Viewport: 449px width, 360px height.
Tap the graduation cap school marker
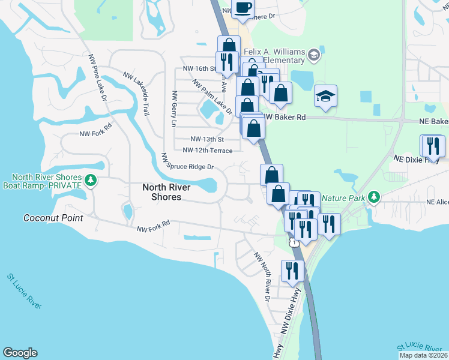pyautogui.click(x=325, y=97)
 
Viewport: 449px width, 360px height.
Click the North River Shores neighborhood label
pyautogui.click(x=166, y=192)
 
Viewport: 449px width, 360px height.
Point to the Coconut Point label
pyautogui.click(x=53, y=218)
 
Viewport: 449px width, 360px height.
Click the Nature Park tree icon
pyautogui.click(x=373, y=196)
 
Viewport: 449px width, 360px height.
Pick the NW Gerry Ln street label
pyautogui.click(x=173, y=109)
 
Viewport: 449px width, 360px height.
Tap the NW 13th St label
pyautogui.click(x=203, y=139)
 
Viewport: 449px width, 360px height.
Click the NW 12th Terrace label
pyautogui.click(x=207, y=150)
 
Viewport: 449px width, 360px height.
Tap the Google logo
pyautogui.click(x=20, y=353)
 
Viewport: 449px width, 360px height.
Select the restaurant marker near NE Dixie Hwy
pyautogui.click(x=433, y=146)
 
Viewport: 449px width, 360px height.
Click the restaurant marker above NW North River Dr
pyautogui.click(x=292, y=271)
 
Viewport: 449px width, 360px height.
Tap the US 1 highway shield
pyautogui.click(x=294, y=242)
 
